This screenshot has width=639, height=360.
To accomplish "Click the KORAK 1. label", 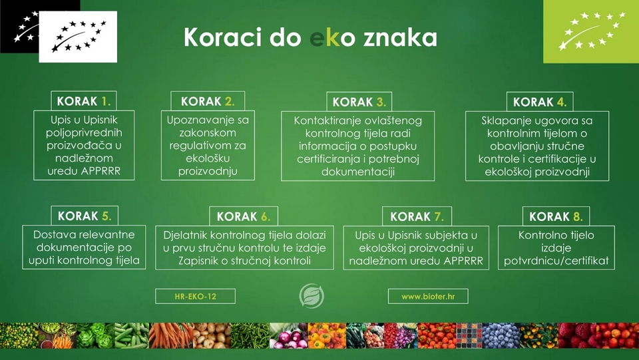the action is (x=84, y=101).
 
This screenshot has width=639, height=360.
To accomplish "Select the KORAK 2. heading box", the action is (x=208, y=101).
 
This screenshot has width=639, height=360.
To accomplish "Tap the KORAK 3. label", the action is (x=359, y=102).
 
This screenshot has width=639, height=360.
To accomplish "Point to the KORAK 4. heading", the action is (x=540, y=102).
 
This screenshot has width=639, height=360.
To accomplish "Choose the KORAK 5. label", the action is (x=85, y=216).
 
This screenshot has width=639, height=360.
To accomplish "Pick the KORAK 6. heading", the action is (x=244, y=216).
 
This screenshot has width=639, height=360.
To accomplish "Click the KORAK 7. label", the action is (x=417, y=216).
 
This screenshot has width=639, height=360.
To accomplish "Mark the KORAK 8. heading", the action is (x=556, y=216).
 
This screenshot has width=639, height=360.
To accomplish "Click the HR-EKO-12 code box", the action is (x=195, y=296).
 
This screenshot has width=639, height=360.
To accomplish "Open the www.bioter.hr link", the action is (x=428, y=296).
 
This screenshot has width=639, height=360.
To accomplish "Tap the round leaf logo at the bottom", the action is (x=312, y=296).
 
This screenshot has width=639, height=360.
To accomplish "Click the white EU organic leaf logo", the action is (x=78, y=37).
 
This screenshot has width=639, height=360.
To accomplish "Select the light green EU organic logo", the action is (x=591, y=31).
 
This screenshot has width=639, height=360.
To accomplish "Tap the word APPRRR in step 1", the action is (x=101, y=171).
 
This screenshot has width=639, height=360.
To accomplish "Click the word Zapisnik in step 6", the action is (x=198, y=261).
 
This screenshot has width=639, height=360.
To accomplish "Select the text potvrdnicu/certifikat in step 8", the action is (x=556, y=261).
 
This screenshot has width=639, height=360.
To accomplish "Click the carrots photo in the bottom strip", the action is (x=170, y=335).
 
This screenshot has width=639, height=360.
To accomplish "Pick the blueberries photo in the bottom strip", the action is (x=501, y=335).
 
